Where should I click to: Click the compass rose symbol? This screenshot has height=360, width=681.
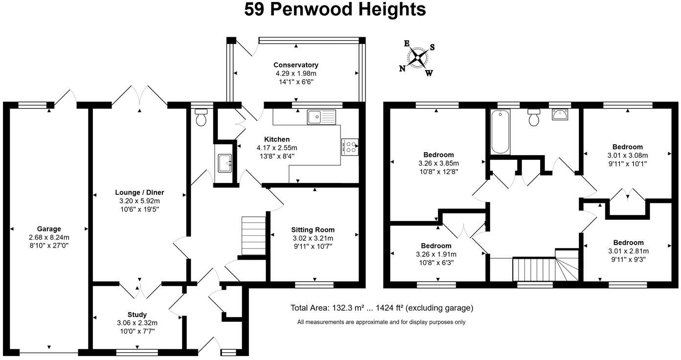click(417, 58)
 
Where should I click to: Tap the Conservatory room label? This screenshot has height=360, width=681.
click(295, 65)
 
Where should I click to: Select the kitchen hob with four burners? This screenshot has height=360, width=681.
click(350, 147)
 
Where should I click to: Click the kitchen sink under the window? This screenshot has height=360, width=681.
click(321, 117)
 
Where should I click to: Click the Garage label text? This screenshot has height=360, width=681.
click(49, 229)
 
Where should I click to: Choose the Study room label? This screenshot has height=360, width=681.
click(137, 315)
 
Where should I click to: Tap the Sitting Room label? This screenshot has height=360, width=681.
click(313, 230)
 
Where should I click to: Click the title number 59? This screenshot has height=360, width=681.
click(255, 10)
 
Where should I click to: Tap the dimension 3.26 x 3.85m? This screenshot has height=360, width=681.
click(439, 163)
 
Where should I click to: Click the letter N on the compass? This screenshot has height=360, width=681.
click(403, 68)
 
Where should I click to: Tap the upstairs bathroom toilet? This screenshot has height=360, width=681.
click(534, 117)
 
